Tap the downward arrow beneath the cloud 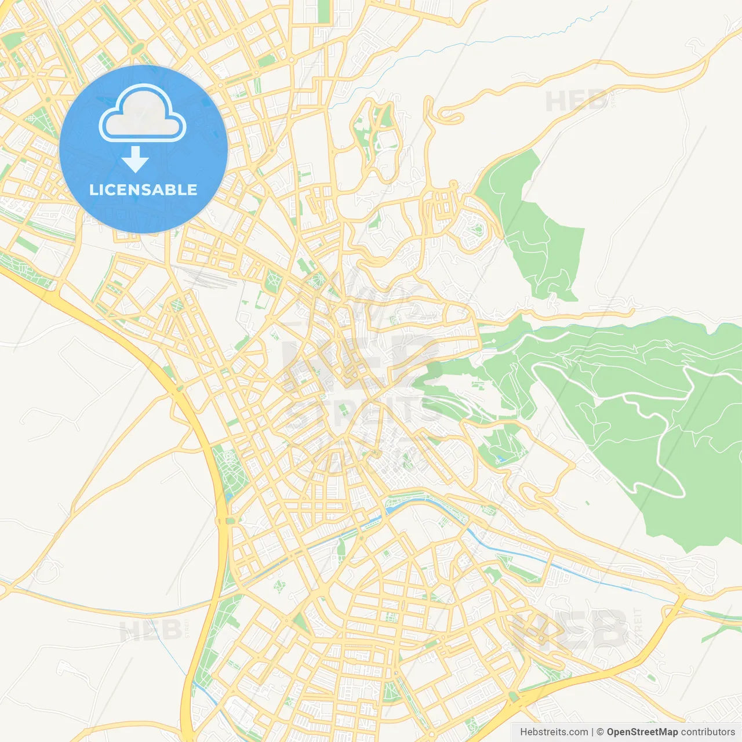135,159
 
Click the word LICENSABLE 143,190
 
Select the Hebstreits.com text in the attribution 554,732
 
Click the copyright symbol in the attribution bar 601,732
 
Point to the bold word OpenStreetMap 642,732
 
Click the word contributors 708,732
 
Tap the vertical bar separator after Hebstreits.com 592,732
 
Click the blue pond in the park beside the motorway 227,497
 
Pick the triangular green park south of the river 300,623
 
